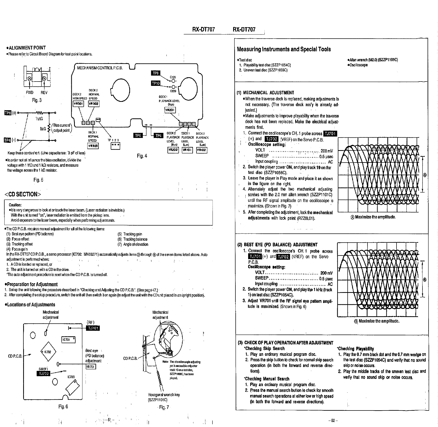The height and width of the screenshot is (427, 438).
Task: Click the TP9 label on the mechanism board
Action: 156,73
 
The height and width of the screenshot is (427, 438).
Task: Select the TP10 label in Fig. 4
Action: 156,83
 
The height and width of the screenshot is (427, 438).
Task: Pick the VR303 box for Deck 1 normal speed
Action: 93,146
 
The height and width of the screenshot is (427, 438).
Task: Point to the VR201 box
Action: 170,110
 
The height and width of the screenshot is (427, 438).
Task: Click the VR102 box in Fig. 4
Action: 202,150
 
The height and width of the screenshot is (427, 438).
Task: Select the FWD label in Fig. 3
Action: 30,93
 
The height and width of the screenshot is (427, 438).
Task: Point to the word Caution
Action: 15,205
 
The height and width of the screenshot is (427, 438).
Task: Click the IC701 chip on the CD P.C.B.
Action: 68,340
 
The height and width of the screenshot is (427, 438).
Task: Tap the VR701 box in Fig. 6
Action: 91,367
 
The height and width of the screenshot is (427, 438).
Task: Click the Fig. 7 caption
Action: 164,407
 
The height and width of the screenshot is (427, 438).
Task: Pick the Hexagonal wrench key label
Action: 164,395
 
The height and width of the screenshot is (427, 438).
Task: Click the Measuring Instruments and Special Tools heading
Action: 284,49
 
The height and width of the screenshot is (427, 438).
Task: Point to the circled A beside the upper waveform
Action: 425,175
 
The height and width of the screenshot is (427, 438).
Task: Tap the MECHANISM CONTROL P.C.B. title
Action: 100,68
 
